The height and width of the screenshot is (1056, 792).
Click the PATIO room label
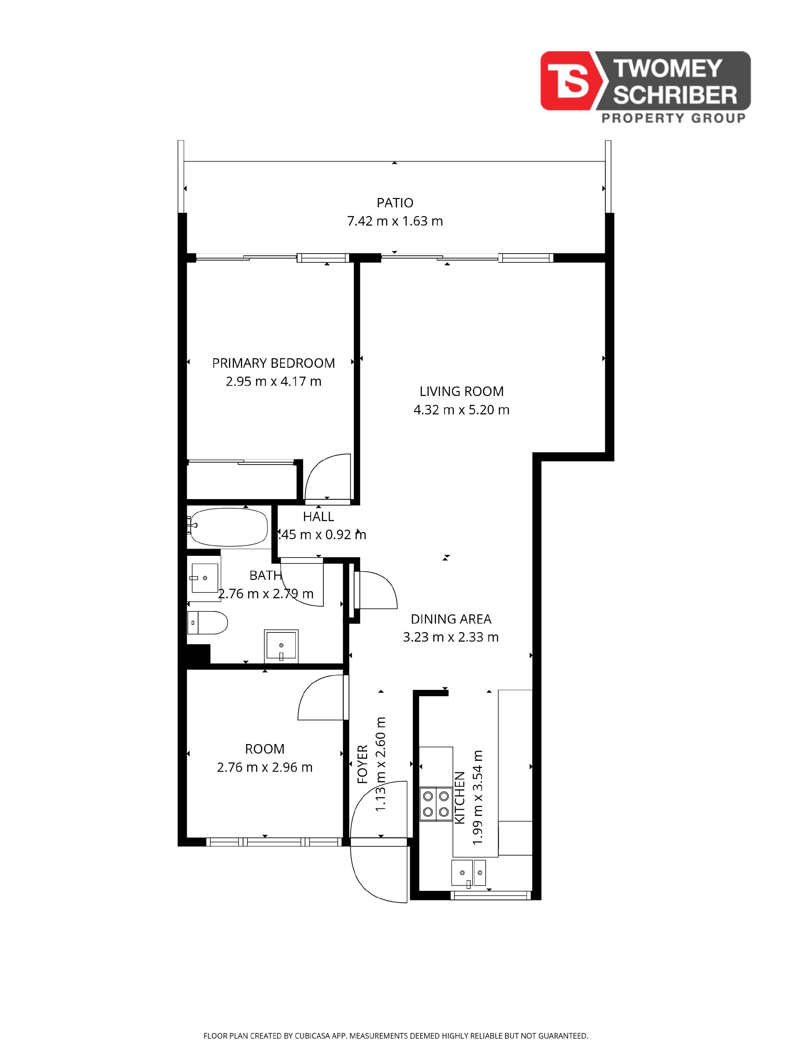394,203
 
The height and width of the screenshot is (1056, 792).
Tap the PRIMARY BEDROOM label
273,363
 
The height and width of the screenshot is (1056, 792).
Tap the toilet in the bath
207,623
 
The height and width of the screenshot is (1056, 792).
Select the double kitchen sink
468,873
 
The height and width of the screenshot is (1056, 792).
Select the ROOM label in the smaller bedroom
264,749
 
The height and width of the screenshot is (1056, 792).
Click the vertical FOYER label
363,764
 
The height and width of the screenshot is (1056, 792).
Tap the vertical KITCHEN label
459,797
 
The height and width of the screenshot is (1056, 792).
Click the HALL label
319,517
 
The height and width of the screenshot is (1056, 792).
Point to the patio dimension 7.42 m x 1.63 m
395,221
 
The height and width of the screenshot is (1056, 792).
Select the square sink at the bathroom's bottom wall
281,646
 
